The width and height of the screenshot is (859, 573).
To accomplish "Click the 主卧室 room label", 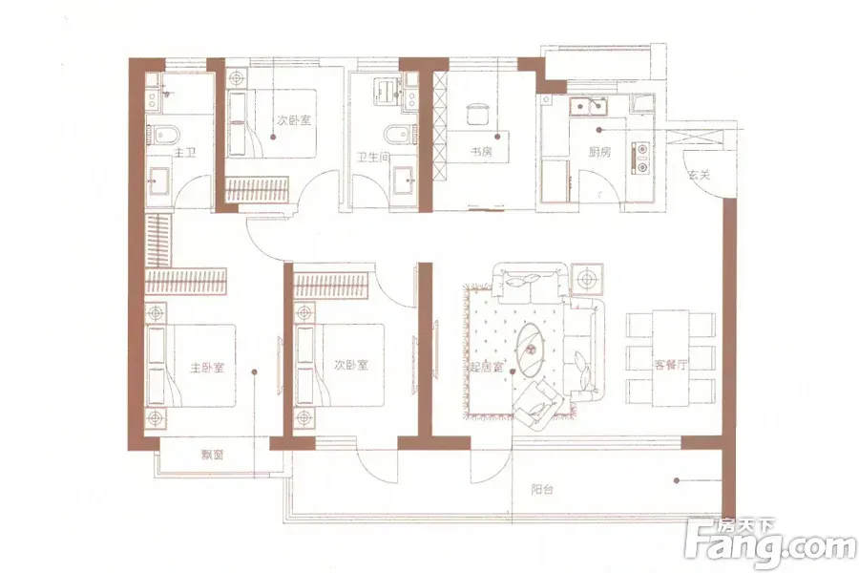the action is (207, 367).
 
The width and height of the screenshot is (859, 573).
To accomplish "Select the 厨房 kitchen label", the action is (599, 152).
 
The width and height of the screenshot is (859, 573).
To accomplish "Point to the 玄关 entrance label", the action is (699, 176).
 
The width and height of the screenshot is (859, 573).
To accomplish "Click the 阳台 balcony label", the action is (542, 489).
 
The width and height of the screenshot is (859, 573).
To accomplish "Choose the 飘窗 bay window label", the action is (212, 455).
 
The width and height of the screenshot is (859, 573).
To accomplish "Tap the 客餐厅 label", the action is (670, 365).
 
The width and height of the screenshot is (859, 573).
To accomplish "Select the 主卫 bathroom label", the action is (184, 153).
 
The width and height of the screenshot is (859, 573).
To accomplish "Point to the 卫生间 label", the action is (373, 158).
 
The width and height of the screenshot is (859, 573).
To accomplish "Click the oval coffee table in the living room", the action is (532, 350).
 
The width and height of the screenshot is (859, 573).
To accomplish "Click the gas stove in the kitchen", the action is (640, 158).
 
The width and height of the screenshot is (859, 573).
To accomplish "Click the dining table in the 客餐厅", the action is (670, 359).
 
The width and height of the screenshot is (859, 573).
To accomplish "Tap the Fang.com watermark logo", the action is (770, 544).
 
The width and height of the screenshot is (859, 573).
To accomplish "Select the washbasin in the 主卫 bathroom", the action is (160, 180).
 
